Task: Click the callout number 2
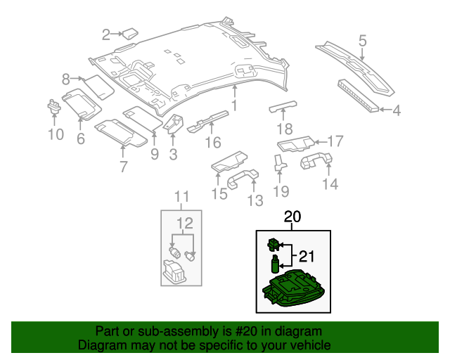pos(107,34)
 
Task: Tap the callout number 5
pos(362,41)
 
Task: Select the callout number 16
pos(207,143)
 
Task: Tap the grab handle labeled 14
pos(316,162)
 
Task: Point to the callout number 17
pos(335,141)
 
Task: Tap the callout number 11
pos(182,196)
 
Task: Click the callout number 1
pos(234,105)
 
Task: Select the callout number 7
pos(123,167)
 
